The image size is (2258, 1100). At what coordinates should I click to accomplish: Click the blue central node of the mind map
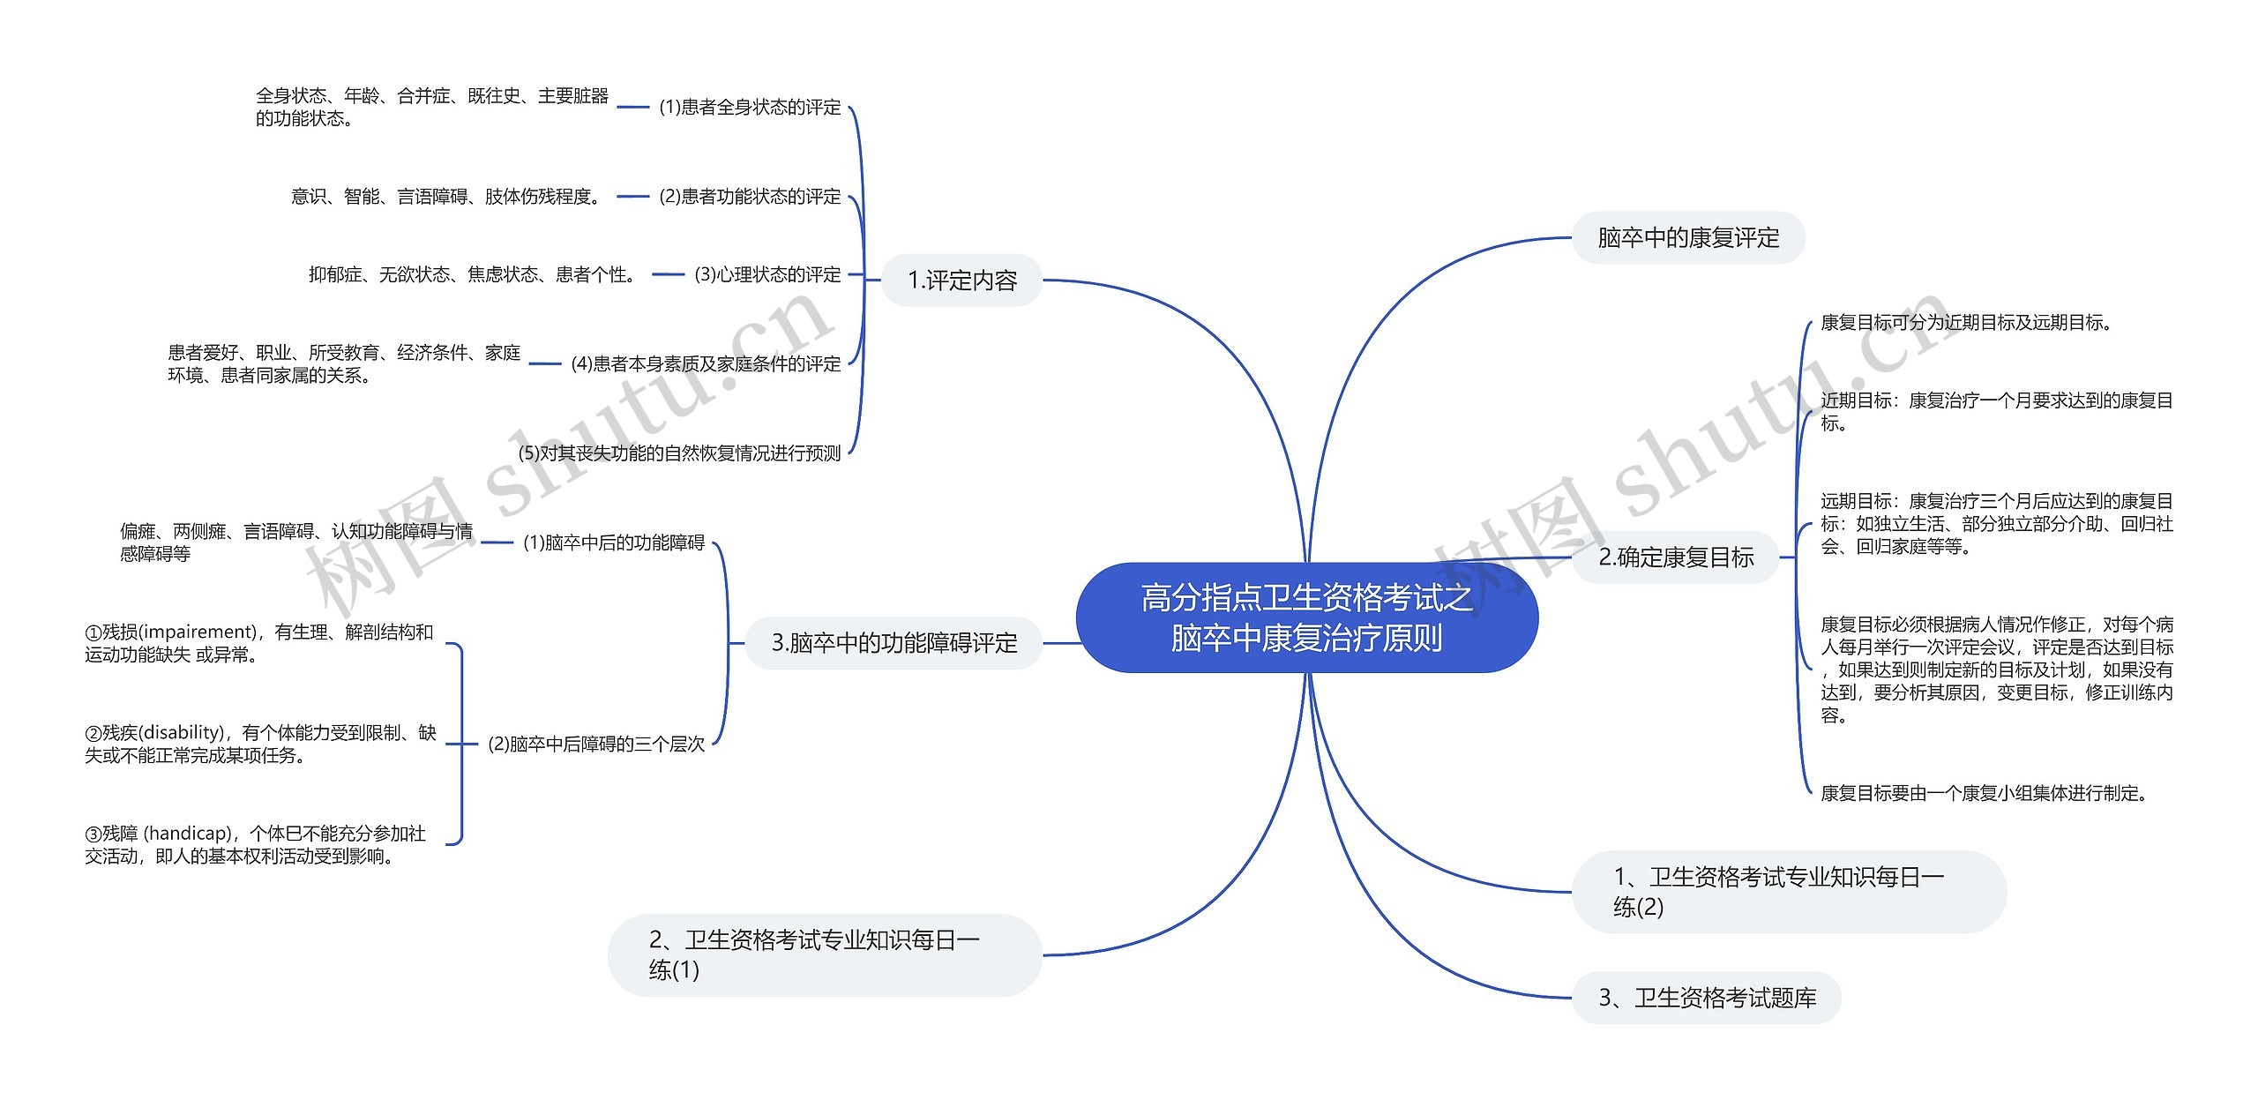point(1307,617)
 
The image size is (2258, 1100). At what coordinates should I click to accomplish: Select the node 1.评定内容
point(962,281)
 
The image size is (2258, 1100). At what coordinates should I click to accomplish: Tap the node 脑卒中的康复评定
point(1688,237)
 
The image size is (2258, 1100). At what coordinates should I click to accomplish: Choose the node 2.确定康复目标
point(1676,557)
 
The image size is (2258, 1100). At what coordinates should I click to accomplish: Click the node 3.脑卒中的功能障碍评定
point(894,643)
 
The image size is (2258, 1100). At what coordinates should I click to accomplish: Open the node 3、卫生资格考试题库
point(1707,998)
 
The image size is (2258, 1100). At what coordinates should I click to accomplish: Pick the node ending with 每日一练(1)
point(825,955)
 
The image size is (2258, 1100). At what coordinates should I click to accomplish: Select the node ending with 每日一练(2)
point(1789,892)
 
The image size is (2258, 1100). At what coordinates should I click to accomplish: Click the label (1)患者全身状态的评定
point(751,108)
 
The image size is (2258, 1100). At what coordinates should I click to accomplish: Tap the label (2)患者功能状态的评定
point(751,197)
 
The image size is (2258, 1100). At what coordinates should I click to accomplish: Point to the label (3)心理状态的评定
point(768,275)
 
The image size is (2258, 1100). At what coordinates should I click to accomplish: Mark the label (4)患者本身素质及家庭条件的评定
point(707,364)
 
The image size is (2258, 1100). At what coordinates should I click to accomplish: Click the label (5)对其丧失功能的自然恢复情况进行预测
point(680,453)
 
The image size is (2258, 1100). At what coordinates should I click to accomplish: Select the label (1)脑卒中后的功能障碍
point(615,543)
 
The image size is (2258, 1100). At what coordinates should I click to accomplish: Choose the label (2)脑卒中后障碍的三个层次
point(597,745)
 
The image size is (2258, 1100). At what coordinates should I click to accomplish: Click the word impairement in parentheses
point(197,632)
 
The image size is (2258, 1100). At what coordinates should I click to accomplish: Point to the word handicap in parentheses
point(191,834)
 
